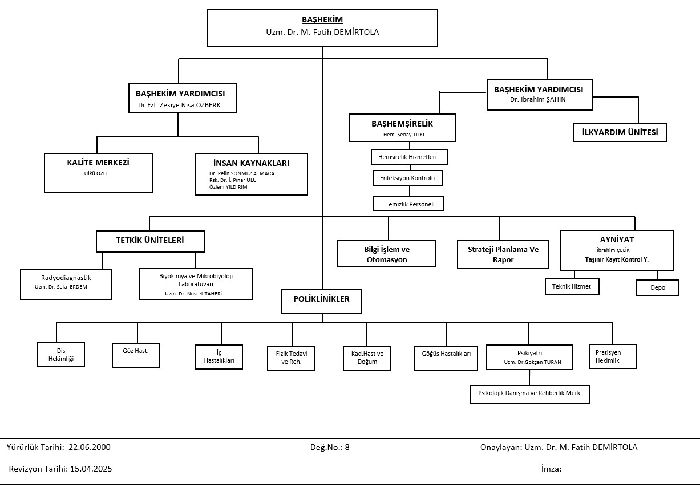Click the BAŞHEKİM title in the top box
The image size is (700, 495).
[x=322, y=20]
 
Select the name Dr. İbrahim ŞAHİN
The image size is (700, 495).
[x=537, y=99]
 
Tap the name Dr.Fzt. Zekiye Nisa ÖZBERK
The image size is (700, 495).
[x=179, y=105]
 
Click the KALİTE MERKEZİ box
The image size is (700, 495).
[x=99, y=173]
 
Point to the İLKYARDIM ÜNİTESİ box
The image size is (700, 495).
[x=620, y=132]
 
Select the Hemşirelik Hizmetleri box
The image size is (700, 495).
[x=410, y=157]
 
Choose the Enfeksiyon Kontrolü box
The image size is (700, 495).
[x=407, y=178]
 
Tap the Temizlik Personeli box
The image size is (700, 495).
[x=408, y=204]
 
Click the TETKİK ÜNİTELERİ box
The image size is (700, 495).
[x=150, y=241]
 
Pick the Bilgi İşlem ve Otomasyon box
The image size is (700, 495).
[x=387, y=254]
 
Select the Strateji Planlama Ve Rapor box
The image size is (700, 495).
[x=503, y=254]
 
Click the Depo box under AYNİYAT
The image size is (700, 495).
[x=658, y=287]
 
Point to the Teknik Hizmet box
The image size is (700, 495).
[x=572, y=287]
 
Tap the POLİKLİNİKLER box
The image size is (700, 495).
[x=321, y=301]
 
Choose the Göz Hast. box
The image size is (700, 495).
[x=136, y=355]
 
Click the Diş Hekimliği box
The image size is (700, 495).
[x=60, y=355]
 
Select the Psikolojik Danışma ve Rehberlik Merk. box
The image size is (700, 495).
[x=529, y=395]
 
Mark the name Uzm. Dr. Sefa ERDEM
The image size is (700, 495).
[x=61, y=287]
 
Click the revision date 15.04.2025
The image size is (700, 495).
[x=91, y=469]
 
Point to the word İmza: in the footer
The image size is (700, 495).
[x=551, y=469]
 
